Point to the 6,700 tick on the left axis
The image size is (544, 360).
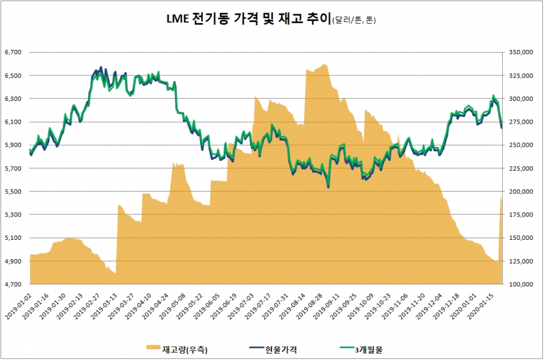click(12, 52)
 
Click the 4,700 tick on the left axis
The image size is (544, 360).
click(12, 284)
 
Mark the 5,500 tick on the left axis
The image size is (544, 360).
click(12, 192)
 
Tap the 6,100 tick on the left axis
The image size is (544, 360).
click(12, 122)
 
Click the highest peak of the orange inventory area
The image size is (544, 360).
click(323, 64)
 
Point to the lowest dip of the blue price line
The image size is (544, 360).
click(329, 187)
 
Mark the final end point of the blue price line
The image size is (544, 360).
click(501, 128)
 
